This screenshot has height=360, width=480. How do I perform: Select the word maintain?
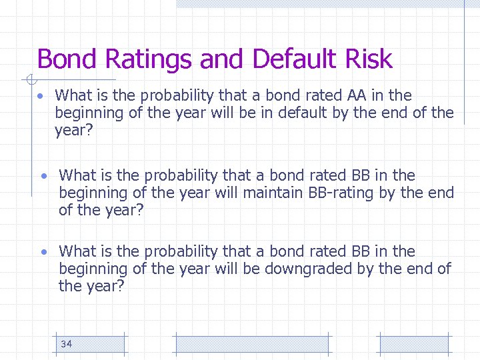(x=273, y=193)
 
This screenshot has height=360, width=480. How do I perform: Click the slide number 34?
(x=66, y=344)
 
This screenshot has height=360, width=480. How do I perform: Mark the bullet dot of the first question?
(x=41, y=97)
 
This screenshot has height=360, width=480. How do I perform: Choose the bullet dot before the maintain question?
(x=43, y=177)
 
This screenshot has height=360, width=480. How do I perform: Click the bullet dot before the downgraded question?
(x=43, y=253)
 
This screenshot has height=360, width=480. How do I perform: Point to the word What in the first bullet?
(x=74, y=95)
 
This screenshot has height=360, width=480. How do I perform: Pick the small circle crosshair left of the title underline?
(x=29, y=81)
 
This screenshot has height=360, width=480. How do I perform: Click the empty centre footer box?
(x=251, y=344)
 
